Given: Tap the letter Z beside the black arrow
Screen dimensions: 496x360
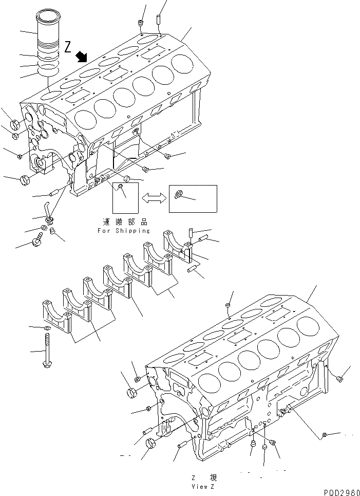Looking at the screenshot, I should pos(68,47).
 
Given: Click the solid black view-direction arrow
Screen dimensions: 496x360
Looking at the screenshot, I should pos(81,56).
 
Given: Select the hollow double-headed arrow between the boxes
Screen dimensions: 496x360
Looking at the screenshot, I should pos(154,197).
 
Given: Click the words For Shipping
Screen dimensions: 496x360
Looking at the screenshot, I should pos(124,231).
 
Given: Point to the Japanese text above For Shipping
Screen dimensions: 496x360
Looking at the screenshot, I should pos(124,222).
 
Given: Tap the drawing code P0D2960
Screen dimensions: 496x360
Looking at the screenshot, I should pos(342,492).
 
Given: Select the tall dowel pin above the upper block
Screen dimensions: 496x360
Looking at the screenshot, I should pos(159,20).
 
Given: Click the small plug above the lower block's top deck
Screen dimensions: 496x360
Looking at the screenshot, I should pos(226,307).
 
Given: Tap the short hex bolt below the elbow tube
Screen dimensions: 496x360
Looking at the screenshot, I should pos(37,240).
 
